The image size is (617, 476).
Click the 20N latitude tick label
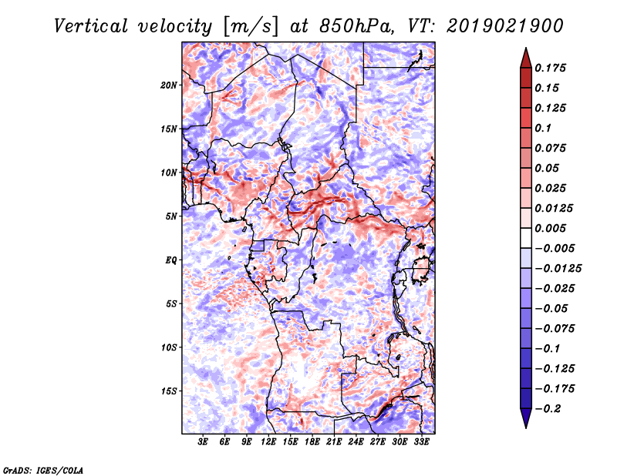coord(168,85)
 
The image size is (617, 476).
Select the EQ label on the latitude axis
coord(171,260)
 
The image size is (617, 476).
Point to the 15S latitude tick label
coord(169,391)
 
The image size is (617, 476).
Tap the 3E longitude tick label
coord(203,441)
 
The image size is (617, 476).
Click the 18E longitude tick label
coord(312,441)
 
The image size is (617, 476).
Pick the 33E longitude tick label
coord(421,441)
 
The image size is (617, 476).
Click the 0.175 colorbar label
coord(550,68)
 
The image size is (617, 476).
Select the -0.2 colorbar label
coord(547,409)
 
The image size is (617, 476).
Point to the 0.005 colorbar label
coord(550,228)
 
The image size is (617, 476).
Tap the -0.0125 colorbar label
coord(558,269)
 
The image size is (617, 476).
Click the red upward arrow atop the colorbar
coord(526,58)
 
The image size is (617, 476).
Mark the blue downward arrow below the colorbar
coord(526,418)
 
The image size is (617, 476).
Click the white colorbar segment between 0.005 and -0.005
coord(526,238)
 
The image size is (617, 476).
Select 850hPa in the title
coord(356,26)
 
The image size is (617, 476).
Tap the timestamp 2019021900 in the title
coord(505,26)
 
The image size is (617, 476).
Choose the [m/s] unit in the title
coord(251,27)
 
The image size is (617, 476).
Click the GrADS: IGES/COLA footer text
coord(43,470)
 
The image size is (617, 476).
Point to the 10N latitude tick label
coord(168,173)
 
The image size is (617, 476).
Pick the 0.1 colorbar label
coord(543,128)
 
